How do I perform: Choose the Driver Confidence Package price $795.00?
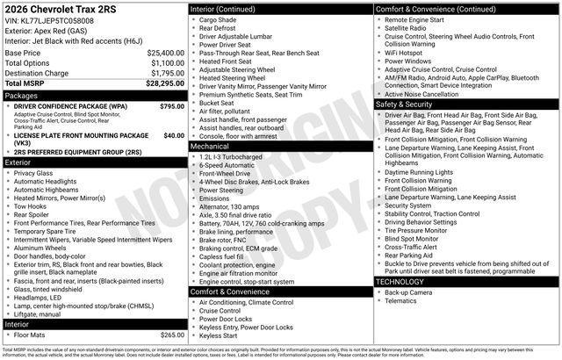tap(173, 105)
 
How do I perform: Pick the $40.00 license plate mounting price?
tap(175, 135)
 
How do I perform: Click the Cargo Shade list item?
tap(218, 18)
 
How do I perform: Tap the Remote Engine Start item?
tap(418, 18)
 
